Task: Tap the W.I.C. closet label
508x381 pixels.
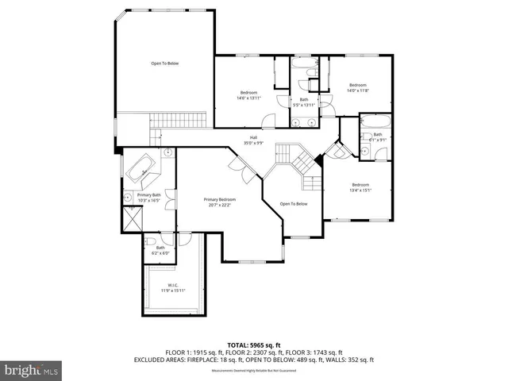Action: coord(173,287)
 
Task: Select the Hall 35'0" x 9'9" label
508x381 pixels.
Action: coord(253,140)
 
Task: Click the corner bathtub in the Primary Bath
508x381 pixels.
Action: coord(144,172)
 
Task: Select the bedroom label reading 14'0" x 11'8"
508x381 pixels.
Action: coord(357,87)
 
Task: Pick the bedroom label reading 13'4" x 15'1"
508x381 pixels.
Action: coord(361,187)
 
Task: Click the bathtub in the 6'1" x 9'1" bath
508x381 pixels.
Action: coord(373,123)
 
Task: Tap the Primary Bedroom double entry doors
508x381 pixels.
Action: coord(237,166)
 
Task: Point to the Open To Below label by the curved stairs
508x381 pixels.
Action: coord(294,204)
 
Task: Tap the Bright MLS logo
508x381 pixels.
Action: coord(32,369)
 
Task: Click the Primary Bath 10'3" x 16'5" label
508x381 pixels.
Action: coord(148,198)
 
